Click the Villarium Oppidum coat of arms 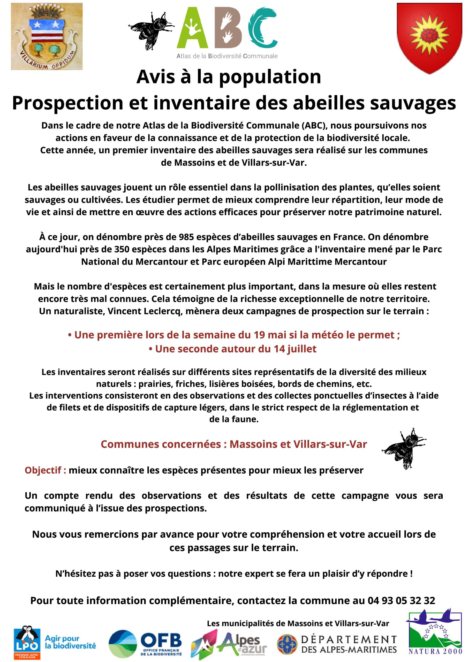47,36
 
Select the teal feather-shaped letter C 262,27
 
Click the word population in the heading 270,77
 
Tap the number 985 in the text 188,237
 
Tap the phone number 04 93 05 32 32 401,601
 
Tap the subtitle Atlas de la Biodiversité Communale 227,56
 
